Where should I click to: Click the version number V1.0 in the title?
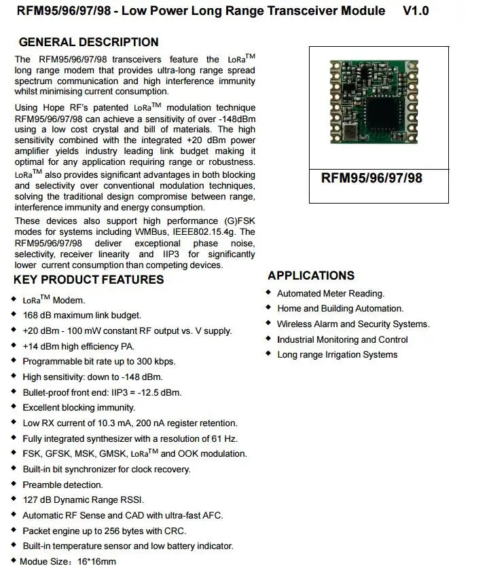coord(416,11)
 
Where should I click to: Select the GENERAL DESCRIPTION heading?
coord(88,42)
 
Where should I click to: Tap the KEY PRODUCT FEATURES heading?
coord(88,280)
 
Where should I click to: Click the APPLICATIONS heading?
coord(311,276)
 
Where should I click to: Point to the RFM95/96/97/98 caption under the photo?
coord(371,178)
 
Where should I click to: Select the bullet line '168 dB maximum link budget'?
coord(81,316)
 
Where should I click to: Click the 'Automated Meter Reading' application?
coord(331,294)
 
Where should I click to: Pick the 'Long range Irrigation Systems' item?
coord(338,355)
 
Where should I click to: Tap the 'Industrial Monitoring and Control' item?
coord(342,340)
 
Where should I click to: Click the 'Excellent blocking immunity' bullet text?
coord(79,408)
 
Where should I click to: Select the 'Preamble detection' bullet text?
coord(62,485)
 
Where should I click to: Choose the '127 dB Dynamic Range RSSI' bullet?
coord(83,500)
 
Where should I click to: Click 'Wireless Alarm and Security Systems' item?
coord(353,324)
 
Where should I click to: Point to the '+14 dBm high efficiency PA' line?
coord(78,346)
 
